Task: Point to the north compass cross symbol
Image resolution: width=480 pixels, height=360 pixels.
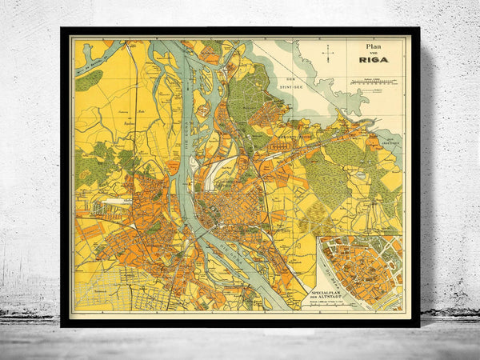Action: [328, 54]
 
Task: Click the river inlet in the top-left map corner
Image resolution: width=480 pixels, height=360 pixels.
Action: [92, 58]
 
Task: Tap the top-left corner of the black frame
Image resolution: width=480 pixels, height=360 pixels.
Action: [62, 30]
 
